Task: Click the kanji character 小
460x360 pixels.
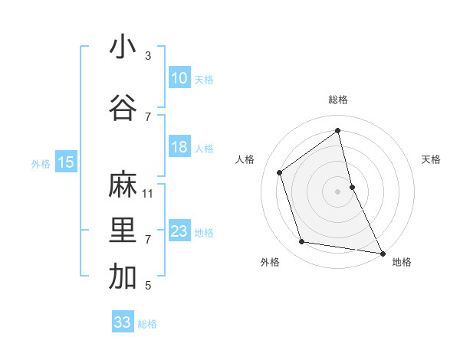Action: click(123, 47)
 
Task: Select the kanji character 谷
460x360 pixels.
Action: click(123, 109)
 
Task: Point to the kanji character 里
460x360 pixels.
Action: click(123, 231)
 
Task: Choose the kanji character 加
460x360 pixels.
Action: click(123, 277)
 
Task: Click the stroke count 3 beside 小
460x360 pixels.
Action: click(147, 56)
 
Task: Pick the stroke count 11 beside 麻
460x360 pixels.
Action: click(148, 193)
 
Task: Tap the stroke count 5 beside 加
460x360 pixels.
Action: click(147, 286)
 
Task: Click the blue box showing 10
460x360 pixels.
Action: click(179, 78)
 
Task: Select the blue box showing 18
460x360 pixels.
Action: click(179, 147)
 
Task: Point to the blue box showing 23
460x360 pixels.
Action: click(179, 231)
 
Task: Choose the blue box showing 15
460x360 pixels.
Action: click(66, 162)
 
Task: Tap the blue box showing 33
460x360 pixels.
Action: click(122, 322)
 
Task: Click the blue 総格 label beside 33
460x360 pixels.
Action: click(147, 324)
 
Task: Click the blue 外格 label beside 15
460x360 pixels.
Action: click(41, 163)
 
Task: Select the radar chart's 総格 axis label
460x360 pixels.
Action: click(338, 100)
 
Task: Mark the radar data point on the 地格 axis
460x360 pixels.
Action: click(381, 252)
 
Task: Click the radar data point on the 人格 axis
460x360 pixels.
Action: click(280, 172)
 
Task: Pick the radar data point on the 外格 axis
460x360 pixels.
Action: click(302, 242)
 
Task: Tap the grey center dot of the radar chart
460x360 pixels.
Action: click(338, 191)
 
